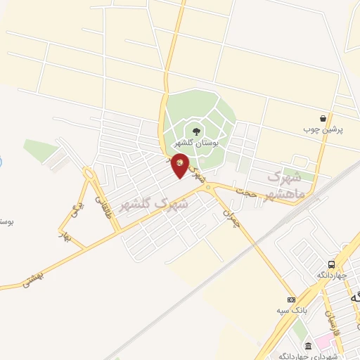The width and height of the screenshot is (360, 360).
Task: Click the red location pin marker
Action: tap(180, 165)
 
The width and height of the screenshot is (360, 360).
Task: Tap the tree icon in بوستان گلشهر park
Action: tap(195, 130)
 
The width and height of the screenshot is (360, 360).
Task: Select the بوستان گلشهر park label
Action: tap(196, 143)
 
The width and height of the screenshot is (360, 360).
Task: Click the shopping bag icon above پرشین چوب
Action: tap(322, 118)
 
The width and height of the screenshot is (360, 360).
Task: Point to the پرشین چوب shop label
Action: tap(316, 130)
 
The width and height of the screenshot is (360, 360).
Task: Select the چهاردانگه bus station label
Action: tap(329, 275)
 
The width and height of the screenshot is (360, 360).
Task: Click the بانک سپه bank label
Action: tap(289, 309)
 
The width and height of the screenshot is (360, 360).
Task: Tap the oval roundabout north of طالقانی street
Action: tap(89, 173)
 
